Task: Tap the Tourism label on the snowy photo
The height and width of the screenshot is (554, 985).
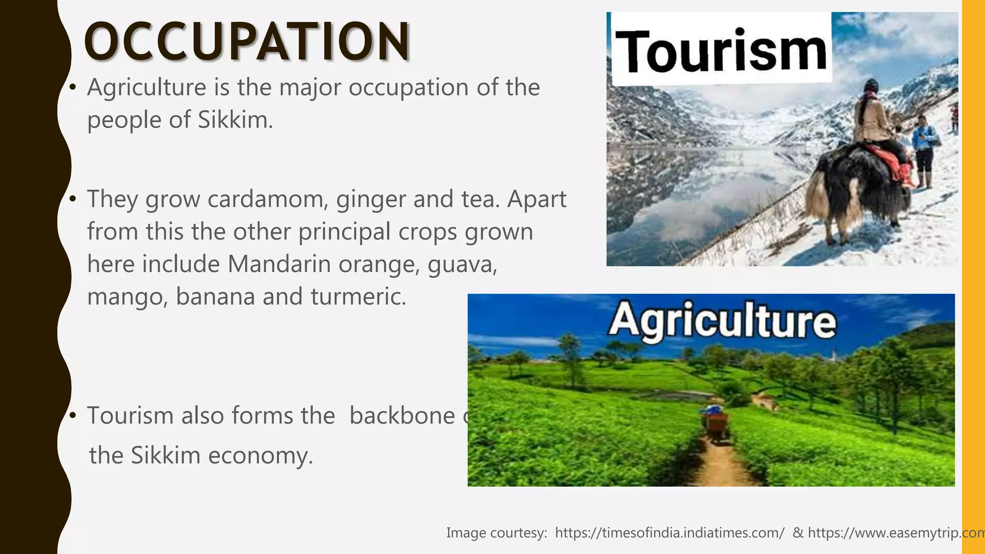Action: [720, 50]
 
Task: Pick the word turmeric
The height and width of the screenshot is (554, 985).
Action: [358, 296]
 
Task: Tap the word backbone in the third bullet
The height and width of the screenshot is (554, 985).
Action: [402, 415]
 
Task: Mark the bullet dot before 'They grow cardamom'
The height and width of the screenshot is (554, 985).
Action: [73, 199]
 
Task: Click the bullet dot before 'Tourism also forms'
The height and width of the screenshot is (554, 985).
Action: [73, 415]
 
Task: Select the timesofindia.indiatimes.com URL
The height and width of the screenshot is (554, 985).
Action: [669, 533]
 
